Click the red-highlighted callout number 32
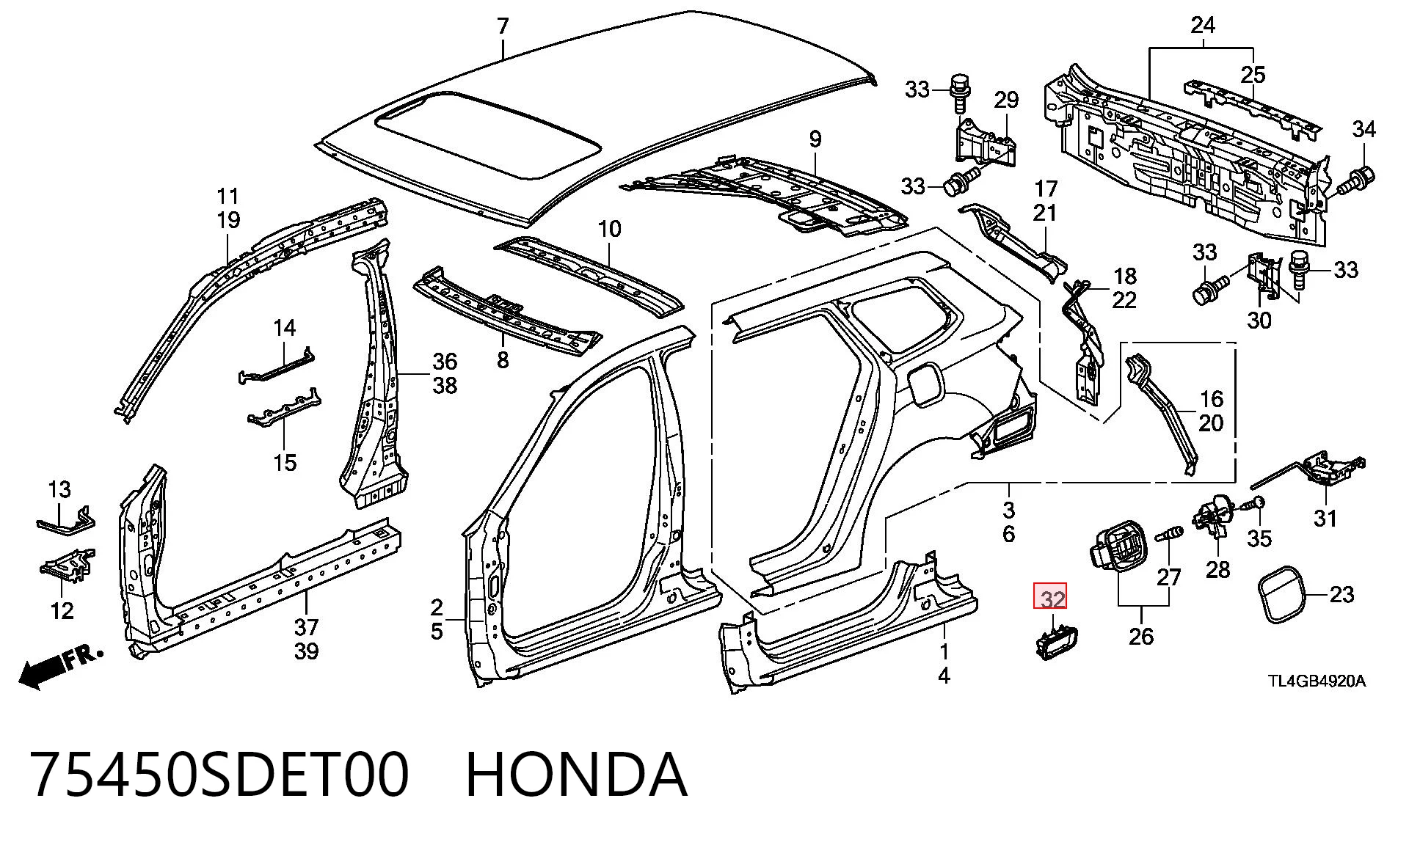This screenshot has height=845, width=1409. click(x=1050, y=598)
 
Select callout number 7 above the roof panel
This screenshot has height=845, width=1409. click(x=502, y=26)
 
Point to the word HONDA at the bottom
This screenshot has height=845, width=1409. click(x=577, y=775)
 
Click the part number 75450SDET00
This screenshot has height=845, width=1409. click(x=219, y=775)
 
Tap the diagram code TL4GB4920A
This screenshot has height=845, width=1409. click(x=1317, y=681)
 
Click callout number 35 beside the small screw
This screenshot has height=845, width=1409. click(x=1259, y=539)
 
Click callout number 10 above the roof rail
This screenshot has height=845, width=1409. click(x=609, y=229)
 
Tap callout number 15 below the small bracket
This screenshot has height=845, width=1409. click(x=285, y=463)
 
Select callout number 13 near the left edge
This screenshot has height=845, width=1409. click(x=59, y=488)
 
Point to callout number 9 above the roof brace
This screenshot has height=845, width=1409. click(x=815, y=139)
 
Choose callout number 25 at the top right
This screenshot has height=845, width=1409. click(x=1253, y=74)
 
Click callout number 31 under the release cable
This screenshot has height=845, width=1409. click(x=1325, y=519)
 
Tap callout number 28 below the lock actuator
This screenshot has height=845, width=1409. click(x=1217, y=568)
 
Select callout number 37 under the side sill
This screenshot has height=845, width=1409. click(x=307, y=627)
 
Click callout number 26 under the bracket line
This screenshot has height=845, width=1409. click(x=1141, y=636)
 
